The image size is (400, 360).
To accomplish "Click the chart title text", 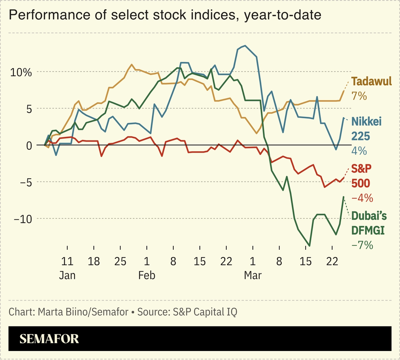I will pyautogui.click(x=165, y=15).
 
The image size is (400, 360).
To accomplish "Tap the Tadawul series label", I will pyautogui.click(x=371, y=81).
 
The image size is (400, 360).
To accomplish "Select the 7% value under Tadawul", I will pyautogui.click(x=359, y=96).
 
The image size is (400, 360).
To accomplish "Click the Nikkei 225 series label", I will pyautogui.click(x=366, y=129).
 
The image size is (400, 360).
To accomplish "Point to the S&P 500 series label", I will pyautogui.click(x=361, y=176).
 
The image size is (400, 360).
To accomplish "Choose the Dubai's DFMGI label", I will pyautogui.click(x=369, y=223).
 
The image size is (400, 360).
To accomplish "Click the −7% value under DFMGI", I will pyautogui.click(x=362, y=245).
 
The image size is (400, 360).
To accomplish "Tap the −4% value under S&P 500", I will pyautogui.click(x=362, y=198).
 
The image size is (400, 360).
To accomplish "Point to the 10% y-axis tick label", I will pyautogui.click(x=20, y=72).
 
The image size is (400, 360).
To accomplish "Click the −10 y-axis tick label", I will pyautogui.click(x=22, y=219).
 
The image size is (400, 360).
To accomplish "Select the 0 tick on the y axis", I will pyautogui.click(x=29, y=146).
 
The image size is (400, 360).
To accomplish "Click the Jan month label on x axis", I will pyautogui.click(x=67, y=275).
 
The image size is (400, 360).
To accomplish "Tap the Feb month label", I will pyautogui.click(x=147, y=275).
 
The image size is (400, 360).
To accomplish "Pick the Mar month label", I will pyautogui.click(x=253, y=275).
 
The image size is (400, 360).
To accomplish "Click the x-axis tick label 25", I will pyautogui.click(x=120, y=261).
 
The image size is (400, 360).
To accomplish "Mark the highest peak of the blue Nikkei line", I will pyautogui.click(x=245, y=45).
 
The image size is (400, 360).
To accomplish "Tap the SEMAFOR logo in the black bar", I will pyautogui.click(x=49, y=339).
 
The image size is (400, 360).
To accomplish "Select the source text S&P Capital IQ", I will pyautogui.click(x=204, y=312).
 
